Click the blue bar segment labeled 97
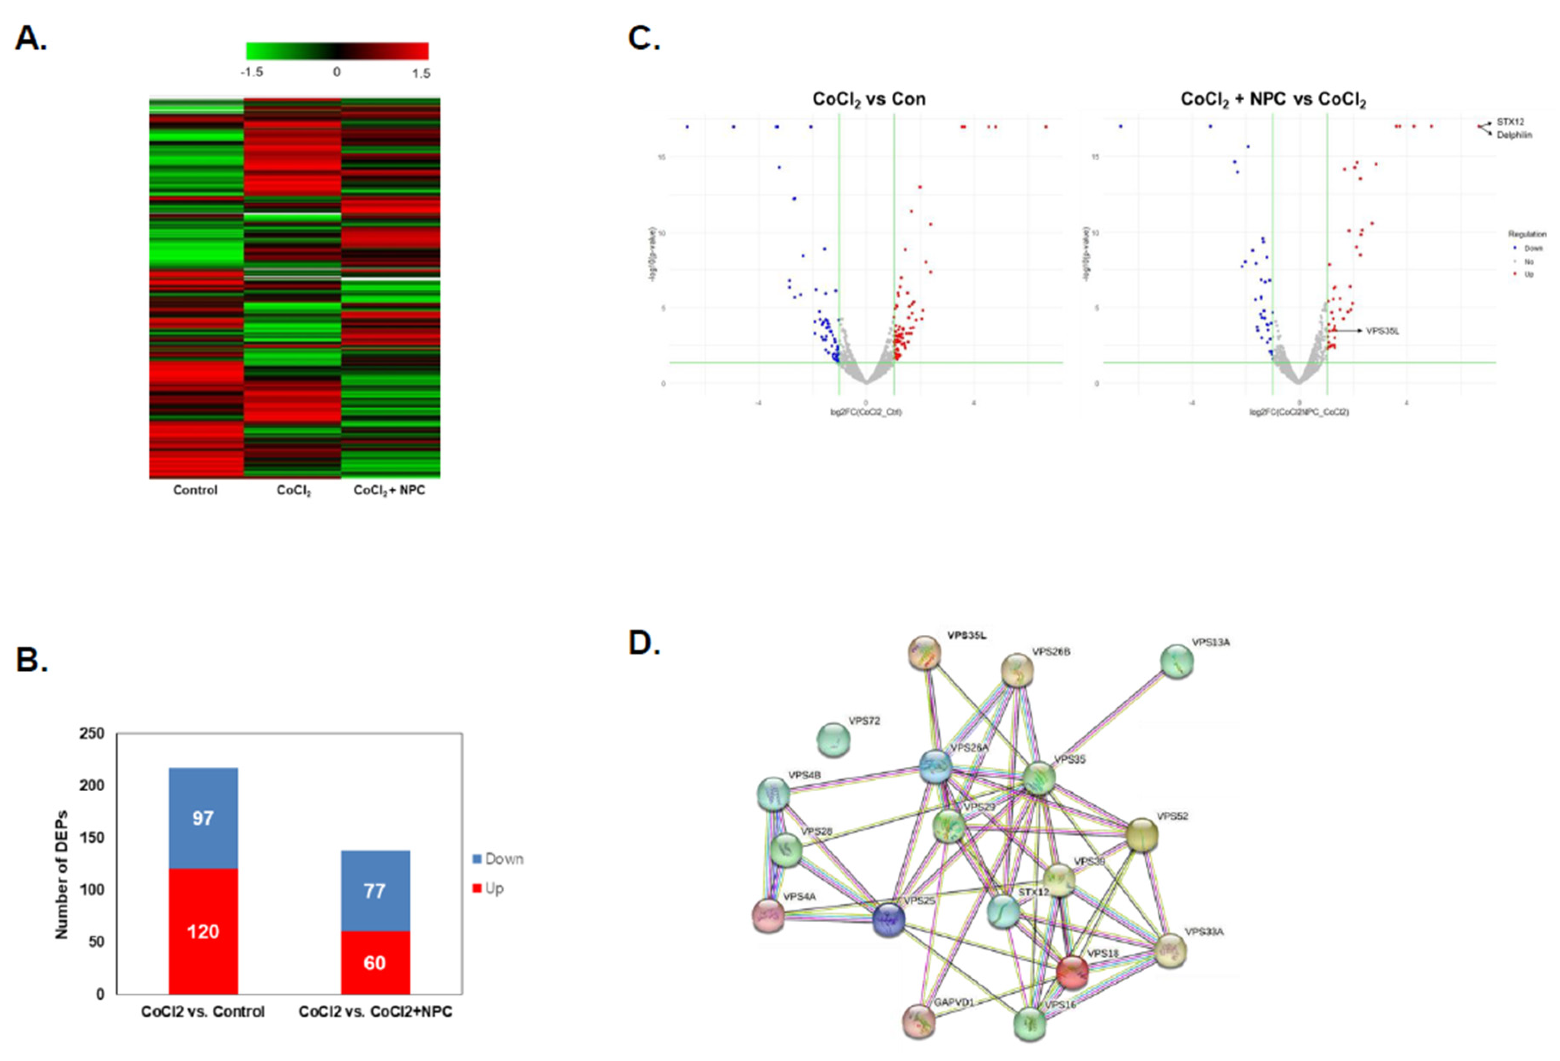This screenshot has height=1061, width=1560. coord(203,818)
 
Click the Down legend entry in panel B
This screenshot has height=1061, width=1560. coord(498,859)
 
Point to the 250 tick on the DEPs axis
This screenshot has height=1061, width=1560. coord(92,733)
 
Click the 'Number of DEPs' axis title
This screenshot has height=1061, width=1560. coord(62,874)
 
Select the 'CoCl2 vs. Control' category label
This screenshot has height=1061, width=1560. coord(203,1011)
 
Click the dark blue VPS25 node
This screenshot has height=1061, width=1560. coord(889,919)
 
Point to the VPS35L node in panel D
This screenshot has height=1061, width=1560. coord(924,653)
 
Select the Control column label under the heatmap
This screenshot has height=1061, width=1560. coord(195,490)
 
